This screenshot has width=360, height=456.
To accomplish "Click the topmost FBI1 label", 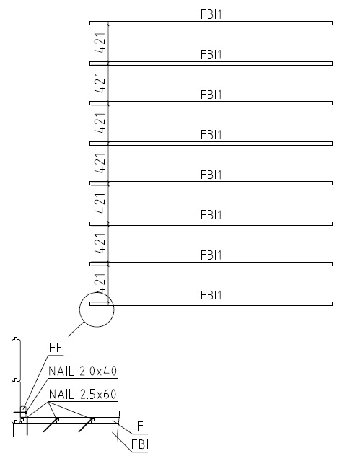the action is (211, 14).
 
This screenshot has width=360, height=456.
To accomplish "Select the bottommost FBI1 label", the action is (211, 295).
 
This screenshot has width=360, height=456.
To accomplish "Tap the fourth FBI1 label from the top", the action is (211, 135).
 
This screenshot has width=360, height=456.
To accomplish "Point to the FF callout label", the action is (56, 348).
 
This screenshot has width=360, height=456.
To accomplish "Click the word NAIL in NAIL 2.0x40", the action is (61, 371).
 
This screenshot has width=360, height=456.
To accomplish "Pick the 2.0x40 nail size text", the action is (98, 371).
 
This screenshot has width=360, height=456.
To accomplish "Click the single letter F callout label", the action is (140, 426).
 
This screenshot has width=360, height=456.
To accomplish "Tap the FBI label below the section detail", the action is (140, 444).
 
